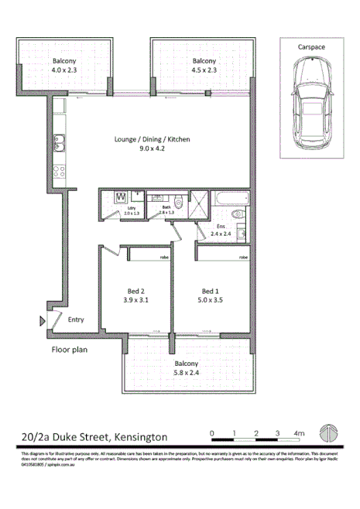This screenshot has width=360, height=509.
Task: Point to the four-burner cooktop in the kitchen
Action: (59, 173)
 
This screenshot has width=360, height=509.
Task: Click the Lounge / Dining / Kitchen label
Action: (152, 140)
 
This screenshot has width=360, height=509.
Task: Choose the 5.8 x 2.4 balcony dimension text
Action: (186, 373)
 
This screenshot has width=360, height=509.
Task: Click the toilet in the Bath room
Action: (178, 203)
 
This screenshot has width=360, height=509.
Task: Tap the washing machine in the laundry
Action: (121, 198)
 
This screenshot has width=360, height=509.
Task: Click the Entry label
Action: (75, 319)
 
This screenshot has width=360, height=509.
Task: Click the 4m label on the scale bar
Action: (300, 432)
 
